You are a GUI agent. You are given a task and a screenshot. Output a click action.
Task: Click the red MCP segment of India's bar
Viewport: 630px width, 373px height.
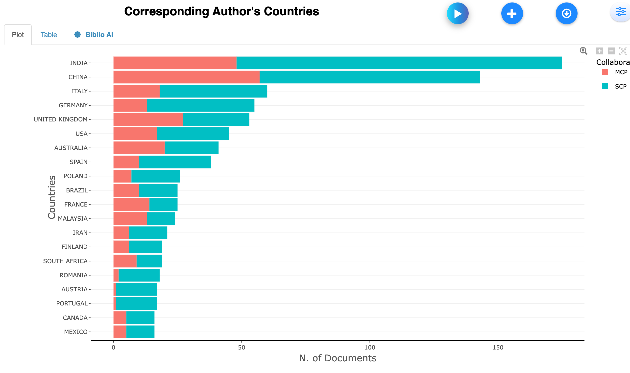[x=175, y=63]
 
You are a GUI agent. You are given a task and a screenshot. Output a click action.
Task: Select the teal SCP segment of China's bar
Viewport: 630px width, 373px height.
[x=369, y=77]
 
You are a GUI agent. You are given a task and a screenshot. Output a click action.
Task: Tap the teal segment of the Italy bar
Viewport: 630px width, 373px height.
[x=213, y=91]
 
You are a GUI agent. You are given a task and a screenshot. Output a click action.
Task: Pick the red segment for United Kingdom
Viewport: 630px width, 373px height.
[x=148, y=119]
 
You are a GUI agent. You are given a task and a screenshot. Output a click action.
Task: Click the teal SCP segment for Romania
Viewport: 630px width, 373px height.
[x=139, y=275]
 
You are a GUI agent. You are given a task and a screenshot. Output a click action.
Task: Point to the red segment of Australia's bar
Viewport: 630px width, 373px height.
[x=139, y=148]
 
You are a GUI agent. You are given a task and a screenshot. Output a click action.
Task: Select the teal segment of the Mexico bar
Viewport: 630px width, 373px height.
[x=140, y=332]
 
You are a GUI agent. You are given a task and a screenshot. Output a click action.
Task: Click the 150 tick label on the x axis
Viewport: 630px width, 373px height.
[x=498, y=348]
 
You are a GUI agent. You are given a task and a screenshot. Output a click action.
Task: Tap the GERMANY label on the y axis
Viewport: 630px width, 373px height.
[x=73, y=105]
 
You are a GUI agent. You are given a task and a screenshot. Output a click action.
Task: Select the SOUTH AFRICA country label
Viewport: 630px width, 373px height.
[x=65, y=261]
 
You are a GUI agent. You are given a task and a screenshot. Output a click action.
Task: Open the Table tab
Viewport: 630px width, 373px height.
[x=49, y=35]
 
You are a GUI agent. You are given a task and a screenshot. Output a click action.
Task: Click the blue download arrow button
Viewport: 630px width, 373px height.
[x=566, y=13]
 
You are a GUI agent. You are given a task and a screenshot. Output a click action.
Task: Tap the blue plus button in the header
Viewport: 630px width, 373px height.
[x=512, y=13]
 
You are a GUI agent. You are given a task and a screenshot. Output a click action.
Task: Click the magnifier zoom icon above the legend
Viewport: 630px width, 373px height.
[x=583, y=51]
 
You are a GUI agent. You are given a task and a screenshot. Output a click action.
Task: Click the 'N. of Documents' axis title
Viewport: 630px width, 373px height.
[x=337, y=358]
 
